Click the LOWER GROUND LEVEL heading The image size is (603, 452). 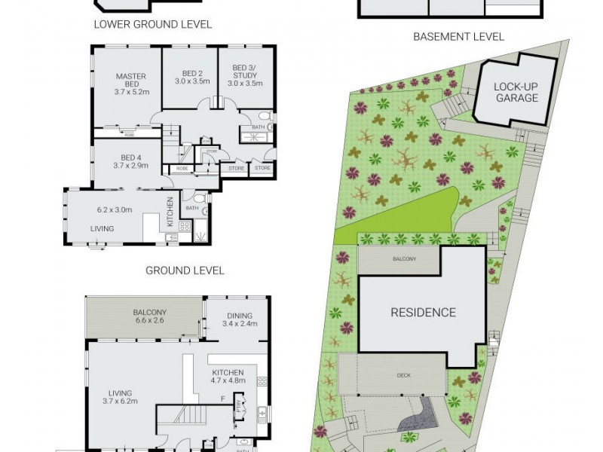[152, 24]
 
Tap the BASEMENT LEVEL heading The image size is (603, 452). [458, 36]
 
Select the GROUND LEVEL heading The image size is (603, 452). [185, 270]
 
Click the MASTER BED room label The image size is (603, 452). [130, 81]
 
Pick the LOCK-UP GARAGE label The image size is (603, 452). [516, 92]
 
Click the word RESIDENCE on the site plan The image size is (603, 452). [422, 312]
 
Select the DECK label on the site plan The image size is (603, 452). [404, 374]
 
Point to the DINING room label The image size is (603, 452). [240, 316]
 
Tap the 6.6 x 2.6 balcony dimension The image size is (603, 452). [149, 322]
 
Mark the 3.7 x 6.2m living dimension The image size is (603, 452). [120, 402]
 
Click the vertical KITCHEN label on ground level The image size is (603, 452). [170, 212]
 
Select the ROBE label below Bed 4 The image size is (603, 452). [182, 169]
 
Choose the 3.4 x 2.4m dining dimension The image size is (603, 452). [240, 325]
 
